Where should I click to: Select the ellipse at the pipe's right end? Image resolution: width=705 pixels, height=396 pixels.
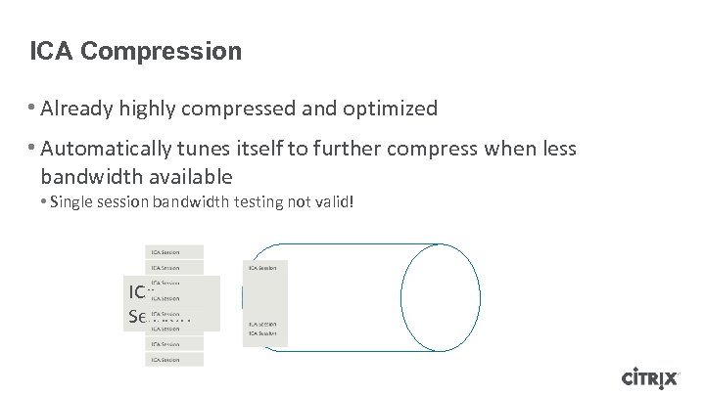click(x=441, y=295)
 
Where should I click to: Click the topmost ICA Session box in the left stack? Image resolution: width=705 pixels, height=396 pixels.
click(x=174, y=252)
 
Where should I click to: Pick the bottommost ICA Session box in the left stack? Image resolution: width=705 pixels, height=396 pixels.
click(x=174, y=359)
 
